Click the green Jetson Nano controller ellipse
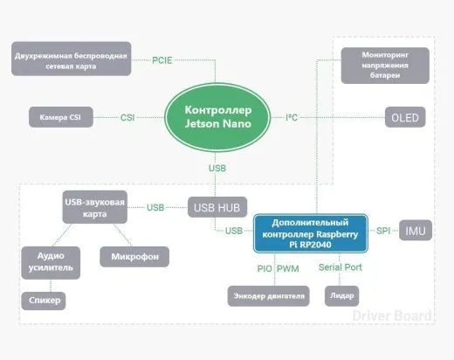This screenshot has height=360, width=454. [x=217, y=117]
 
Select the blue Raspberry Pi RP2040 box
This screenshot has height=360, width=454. [x=311, y=233]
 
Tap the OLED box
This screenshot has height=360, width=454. [x=405, y=117]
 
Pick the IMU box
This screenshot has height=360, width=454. [x=416, y=231]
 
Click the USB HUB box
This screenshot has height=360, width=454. [x=217, y=207]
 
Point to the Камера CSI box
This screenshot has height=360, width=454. [x=61, y=117]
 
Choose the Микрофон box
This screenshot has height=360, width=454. [x=134, y=257]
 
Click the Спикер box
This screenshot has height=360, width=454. [x=44, y=301]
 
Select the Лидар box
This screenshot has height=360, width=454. [x=341, y=296]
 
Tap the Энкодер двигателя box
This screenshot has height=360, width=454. [x=268, y=296]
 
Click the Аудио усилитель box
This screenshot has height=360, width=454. [x=51, y=263]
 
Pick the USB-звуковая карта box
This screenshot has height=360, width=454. [x=95, y=207]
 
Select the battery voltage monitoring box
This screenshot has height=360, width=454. [x=385, y=66]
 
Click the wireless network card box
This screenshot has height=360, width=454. [x=72, y=59]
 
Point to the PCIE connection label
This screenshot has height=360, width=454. [x=162, y=60]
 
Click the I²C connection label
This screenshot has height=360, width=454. [x=292, y=117]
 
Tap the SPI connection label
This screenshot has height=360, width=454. [x=383, y=231]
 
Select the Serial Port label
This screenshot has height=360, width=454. [x=340, y=267]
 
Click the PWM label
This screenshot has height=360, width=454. [x=288, y=268]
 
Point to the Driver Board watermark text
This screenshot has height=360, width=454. [x=392, y=315]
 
